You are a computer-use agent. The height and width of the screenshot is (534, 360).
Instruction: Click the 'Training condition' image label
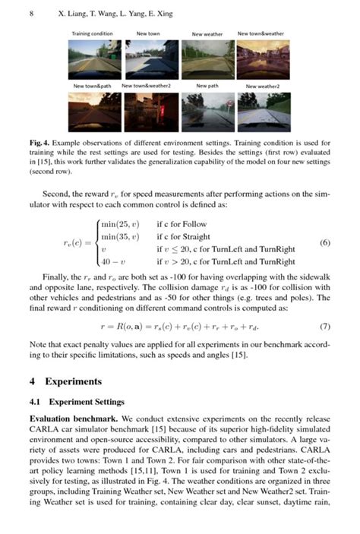point(92,34)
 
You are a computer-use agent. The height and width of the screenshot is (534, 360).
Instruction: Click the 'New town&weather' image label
point(261,34)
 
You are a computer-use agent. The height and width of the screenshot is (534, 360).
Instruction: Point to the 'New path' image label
point(207,87)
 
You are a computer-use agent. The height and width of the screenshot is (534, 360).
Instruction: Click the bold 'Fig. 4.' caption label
point(40,143)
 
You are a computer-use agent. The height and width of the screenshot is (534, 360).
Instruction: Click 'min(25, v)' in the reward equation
point(121,225)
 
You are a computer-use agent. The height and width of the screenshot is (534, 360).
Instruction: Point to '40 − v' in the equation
point(113,261)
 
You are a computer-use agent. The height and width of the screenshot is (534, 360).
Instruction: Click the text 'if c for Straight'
point(183,237)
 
